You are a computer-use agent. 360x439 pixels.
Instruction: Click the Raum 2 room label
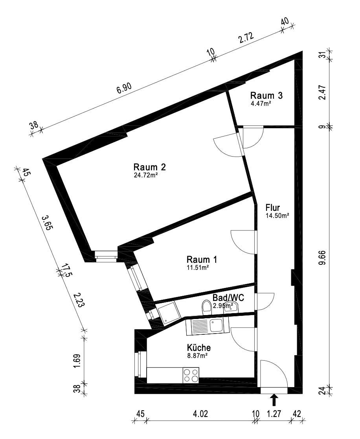click(x=150, y=167)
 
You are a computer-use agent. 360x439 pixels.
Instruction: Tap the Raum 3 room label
click(x=266, y=96)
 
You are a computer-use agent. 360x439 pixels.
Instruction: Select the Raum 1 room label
click(x=202, y=260)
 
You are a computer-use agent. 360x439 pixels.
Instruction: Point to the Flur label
click(x=272, y=208)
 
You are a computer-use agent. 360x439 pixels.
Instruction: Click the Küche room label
click(x=199, y=348)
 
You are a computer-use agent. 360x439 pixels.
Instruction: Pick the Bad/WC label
click(x=228, y=298)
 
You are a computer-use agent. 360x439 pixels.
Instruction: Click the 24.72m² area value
click(x=146, y=175)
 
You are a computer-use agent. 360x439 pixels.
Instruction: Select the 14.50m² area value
click(x=277, y=216)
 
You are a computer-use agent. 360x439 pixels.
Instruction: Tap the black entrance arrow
click(x=274, y=400)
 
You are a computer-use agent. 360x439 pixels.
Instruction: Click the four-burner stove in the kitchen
click(x=191, y=375)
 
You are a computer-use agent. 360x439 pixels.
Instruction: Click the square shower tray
click(x=168, y=313)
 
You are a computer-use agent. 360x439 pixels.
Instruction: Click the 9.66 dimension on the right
click(x=323, y=258)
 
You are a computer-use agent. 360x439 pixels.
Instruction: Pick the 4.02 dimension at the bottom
click(x=200, y=413)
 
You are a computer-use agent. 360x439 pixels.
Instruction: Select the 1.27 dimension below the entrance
click(x=274, y=413)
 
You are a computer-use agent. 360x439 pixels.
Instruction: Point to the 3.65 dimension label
click(x=47, y=223)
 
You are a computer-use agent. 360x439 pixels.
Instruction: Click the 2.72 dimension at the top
click(x=246, y=38)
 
